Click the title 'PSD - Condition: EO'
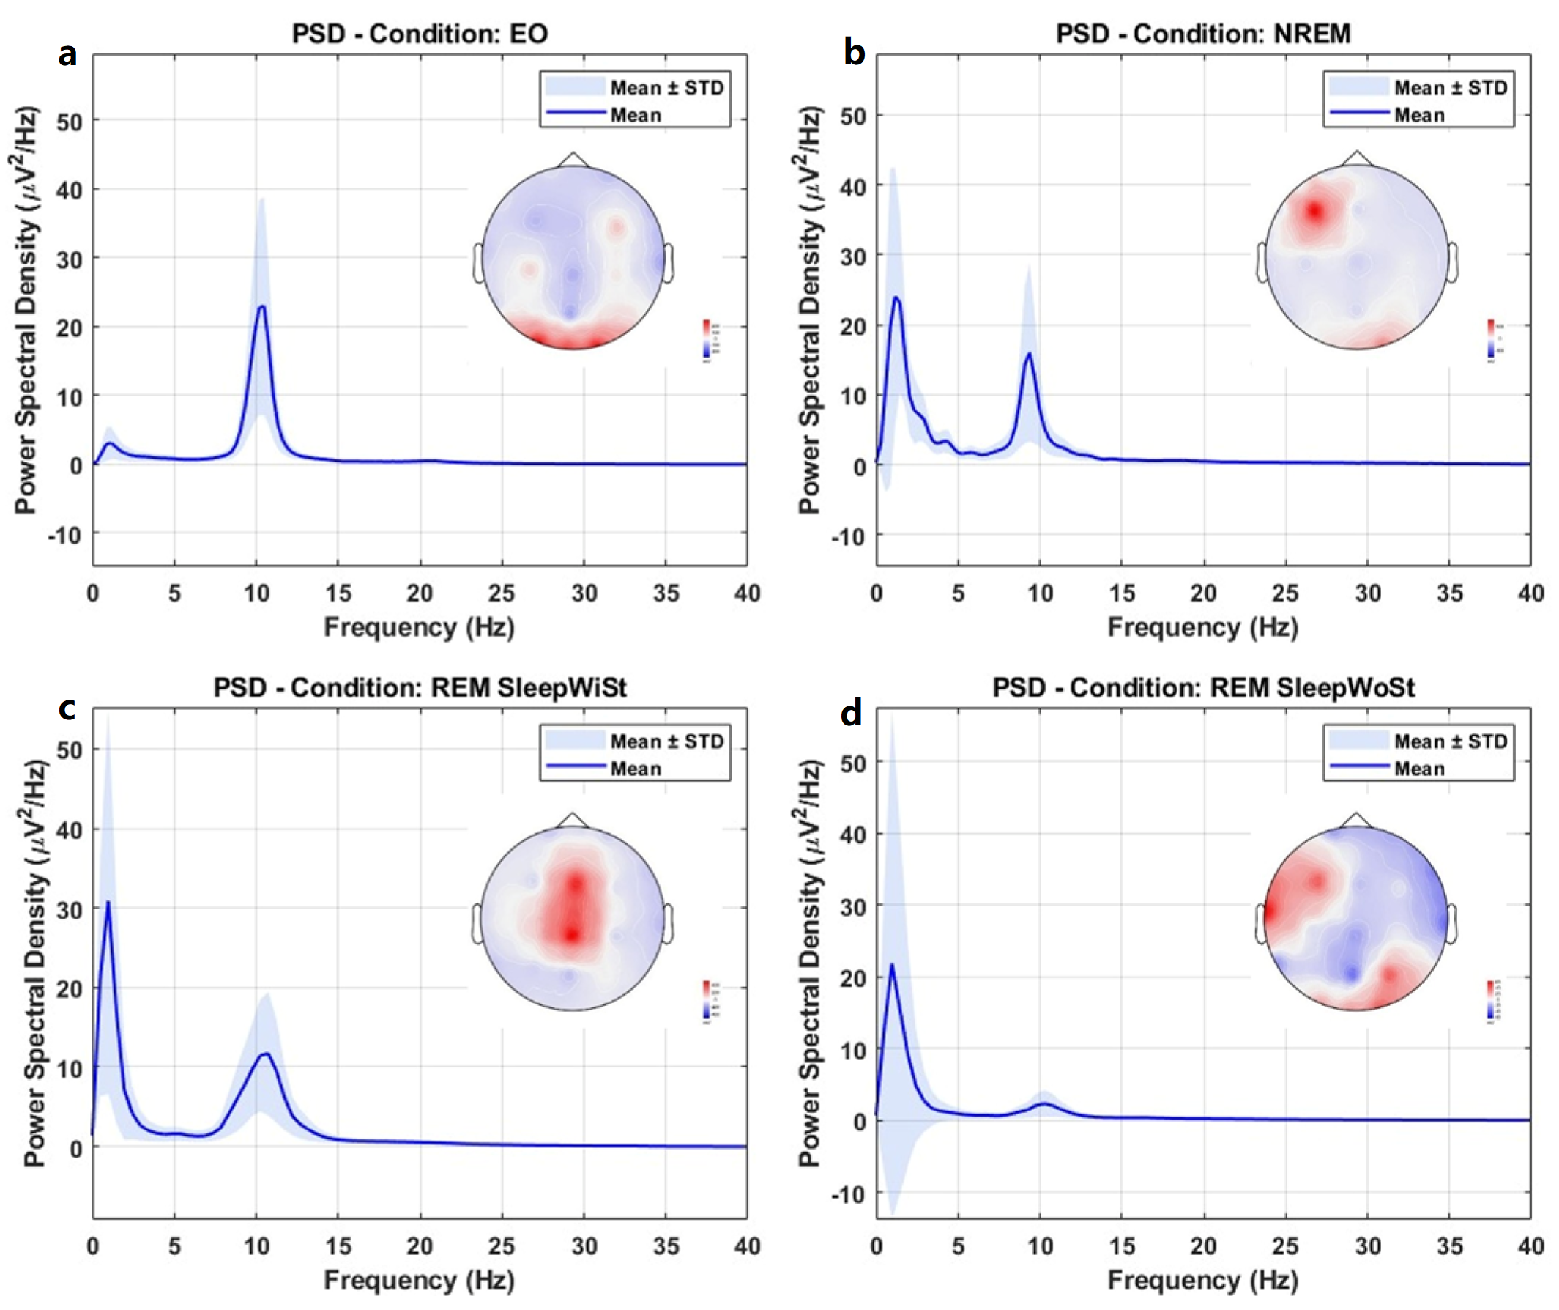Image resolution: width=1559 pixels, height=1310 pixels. pyautogui.click(x=420, y=34)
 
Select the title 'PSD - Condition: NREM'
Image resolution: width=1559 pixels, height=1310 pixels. pyautogui.click(x=1203, y=34)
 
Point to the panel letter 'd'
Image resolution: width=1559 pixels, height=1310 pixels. pyautogui.click(x=851, y=713)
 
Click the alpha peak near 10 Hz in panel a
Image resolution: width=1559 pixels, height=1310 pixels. pyautogui.click(x=261, y=307)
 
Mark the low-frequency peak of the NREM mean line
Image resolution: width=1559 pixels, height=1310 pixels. pyautogui.click(x=896, y=297)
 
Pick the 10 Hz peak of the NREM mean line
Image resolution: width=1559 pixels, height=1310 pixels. pyautogui.click(x=1029, y=353)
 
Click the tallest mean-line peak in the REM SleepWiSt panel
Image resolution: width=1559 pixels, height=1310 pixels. pyautogui.click(x=108, y=903)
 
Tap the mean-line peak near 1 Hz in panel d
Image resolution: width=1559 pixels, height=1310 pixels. pyautogui.click(x=892, y=965)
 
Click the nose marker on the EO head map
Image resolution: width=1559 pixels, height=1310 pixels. pyautogui.click(x=573, y=159)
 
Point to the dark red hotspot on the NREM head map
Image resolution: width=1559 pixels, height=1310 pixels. pyautogui.click(x=1315, y=212)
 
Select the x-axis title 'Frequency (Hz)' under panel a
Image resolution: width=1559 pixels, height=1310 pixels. pyautogui.click(x=420, y=626)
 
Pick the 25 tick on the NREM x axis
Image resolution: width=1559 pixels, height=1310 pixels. pyautogui.click(x=1285, y=593)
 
